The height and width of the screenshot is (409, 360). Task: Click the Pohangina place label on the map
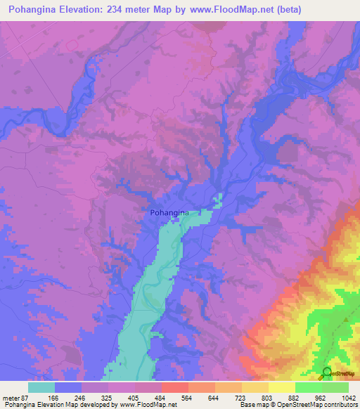point(171,211)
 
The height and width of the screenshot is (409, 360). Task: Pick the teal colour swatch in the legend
point(41,387)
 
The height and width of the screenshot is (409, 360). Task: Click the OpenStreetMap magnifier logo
point(327,372)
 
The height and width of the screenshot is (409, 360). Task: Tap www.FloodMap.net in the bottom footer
point(147,405)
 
